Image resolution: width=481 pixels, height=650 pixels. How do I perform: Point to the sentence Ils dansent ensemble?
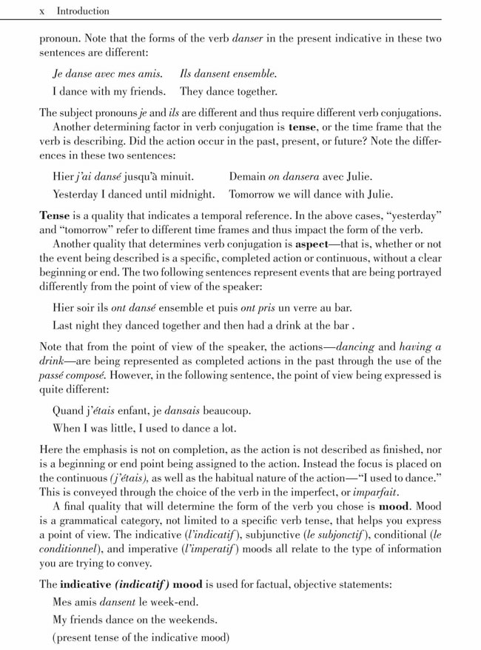tap(229, 74)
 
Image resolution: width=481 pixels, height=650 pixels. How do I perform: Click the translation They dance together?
tap(229, 93)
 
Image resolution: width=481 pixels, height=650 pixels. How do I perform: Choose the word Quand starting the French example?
tap(70, 410)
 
